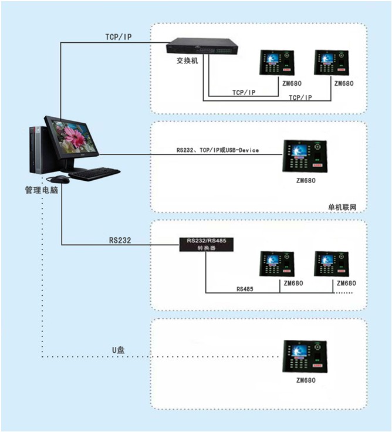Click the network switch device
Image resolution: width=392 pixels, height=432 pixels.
(202, 46)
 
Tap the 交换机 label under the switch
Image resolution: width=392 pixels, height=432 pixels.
(187, 60)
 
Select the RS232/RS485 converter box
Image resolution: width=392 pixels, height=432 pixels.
(207, 244)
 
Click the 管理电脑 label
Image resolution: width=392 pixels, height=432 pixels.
(42, 190)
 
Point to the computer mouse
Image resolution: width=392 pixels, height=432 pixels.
(59, 180)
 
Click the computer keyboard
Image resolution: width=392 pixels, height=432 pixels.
(94, 174)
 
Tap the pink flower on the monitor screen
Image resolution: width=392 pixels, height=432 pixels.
(74, 136)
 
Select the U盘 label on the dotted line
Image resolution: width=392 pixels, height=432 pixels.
(118, 350)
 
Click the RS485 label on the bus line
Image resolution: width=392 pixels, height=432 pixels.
(245, 289)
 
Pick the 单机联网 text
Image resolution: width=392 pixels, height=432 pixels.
(342, 207)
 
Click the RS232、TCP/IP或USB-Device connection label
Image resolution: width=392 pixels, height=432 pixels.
(218, 150)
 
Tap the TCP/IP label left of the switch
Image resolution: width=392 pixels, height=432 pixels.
(119, 37)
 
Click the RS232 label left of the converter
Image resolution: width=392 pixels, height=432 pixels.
(120, 240)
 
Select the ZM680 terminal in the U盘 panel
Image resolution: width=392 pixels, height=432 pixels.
(305, 356)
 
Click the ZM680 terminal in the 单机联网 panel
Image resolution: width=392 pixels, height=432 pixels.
(305, 156)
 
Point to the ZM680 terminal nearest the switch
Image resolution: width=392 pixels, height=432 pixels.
(277, 63)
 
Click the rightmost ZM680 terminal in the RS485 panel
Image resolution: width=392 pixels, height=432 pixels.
(332, 264)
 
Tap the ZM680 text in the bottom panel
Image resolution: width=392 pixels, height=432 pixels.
(306, 380)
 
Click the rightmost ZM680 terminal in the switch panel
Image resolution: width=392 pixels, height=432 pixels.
(332, 63)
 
